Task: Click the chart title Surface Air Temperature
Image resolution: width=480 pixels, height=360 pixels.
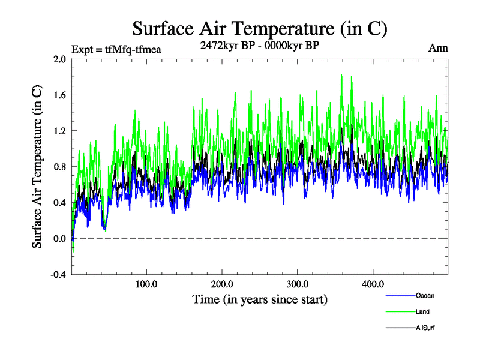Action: click(259, 28)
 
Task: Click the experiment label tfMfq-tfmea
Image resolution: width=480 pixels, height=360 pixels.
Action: click(116, 50)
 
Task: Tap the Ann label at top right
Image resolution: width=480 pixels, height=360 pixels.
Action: click(439, 47)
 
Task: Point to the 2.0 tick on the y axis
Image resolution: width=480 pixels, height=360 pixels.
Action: click(59, 59)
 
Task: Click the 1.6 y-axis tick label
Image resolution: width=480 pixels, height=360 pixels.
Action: click(59, 95)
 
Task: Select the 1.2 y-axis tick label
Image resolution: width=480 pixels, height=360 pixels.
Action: click(59, 131)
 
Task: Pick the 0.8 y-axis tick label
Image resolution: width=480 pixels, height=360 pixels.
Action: click(59, 167)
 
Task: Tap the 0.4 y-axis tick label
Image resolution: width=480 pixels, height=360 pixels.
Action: click(59, 203)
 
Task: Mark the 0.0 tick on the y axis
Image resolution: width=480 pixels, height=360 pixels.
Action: click(59, 239)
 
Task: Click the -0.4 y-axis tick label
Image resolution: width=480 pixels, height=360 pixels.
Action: click(58, 275)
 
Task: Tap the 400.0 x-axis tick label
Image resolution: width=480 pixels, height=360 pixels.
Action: click(373, 284)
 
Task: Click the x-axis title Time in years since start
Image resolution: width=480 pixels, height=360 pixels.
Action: click(259, 298)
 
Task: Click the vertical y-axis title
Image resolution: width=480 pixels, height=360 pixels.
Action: click(37, 167)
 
